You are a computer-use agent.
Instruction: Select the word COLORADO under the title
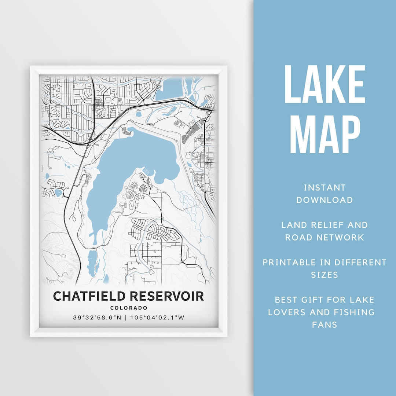[128, 308]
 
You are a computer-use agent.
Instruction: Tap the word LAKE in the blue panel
[324, 84]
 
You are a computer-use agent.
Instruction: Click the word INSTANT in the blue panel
[324, 188]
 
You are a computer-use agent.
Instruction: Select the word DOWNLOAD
[324, 200]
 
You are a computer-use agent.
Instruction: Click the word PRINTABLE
[289, 262]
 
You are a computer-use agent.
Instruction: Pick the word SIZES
[324, 275]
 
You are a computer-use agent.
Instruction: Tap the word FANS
[324, 324]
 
